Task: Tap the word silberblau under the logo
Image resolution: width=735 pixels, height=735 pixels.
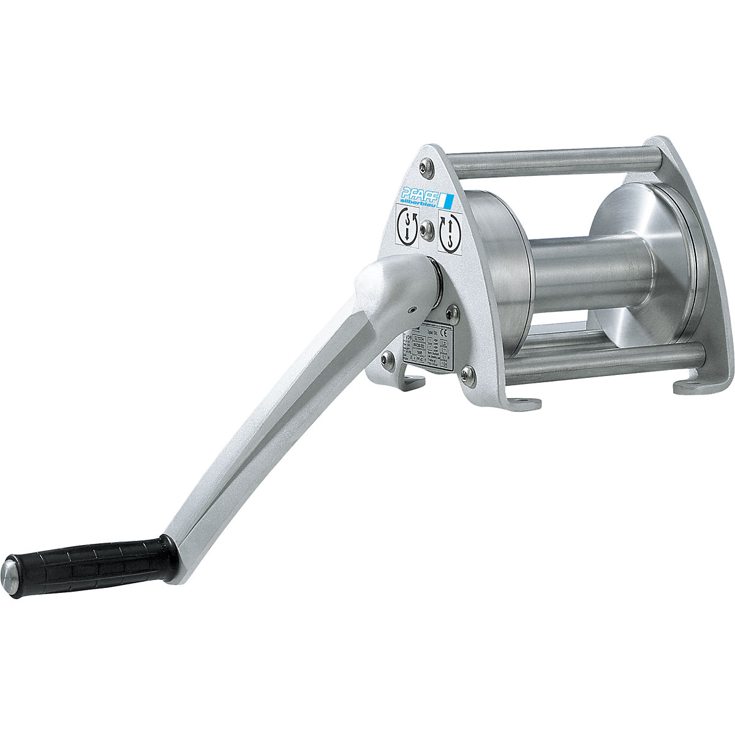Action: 421,198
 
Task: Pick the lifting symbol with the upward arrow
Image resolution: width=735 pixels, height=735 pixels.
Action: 450,232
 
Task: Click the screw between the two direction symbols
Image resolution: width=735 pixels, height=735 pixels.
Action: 427,230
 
